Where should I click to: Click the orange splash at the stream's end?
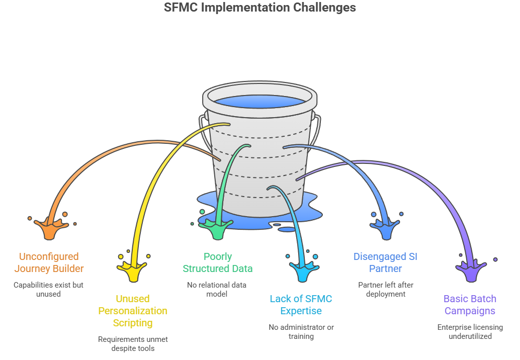coord(50,229)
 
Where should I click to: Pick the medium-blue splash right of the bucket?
coord(386,229)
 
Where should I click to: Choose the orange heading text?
coord(49,263)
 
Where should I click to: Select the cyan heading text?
coord(301,308)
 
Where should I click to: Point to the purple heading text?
coord(470,305)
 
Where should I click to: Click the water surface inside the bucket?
coord(259,100)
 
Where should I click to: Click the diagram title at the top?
coord(260,9)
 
